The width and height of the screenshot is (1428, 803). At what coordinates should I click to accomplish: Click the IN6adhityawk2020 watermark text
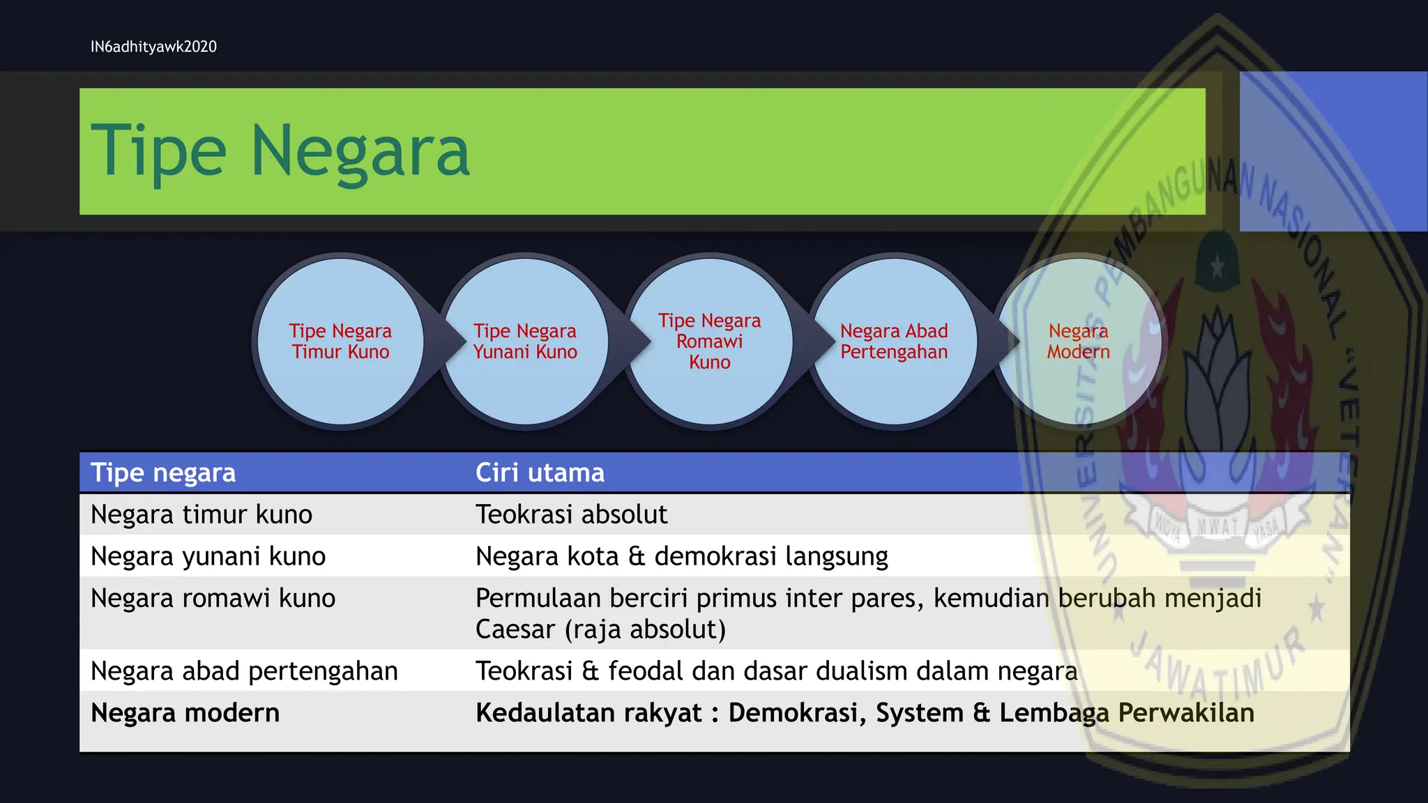pyautogui.click(x=153, y=47)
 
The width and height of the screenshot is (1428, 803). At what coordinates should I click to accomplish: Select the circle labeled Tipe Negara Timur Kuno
pyautogui.click(x=340, y=342)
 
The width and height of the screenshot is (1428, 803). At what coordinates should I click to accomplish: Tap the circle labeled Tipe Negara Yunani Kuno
pyautogui.click(x=525, y=342)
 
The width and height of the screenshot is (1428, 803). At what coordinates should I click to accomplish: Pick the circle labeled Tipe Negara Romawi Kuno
pyautogui.click(x=709, y=342)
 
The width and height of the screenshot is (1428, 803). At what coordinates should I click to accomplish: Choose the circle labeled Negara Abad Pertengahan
pyautogui.click(x=894, y=342)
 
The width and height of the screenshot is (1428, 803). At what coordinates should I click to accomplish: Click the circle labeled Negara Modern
pyautogui.click(x=1078, y=342)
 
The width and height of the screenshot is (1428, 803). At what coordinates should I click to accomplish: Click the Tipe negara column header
pyautogui.click(x=163, y=473)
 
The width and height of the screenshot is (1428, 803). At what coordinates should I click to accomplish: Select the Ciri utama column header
pyautogui.click(x=540, y=473)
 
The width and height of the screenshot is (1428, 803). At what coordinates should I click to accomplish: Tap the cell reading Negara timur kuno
pyautogui.click(x=202, y=514)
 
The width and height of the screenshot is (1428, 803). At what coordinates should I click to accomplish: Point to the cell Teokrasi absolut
pyautogui.click(x=571, y=514)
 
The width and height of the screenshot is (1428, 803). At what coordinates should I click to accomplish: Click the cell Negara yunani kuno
pyautogui.click(x=208, y=556)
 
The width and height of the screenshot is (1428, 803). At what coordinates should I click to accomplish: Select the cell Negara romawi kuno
pyautogui.click(x=213, y=598)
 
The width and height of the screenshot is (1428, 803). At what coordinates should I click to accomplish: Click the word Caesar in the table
pyautogui.click(x=515, y=629)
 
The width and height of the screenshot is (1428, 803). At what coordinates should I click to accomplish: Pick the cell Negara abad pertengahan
pyautogui.click(x=244, y=671)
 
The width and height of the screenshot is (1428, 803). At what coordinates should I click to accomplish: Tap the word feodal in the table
pyautogui.click(x=646, y=671)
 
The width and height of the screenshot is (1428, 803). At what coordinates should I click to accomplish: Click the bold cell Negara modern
pyautogui.click(x=185, y=713)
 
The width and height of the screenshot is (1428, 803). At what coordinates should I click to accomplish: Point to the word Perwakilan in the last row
pyautogui.click(x=1185, y=713)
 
